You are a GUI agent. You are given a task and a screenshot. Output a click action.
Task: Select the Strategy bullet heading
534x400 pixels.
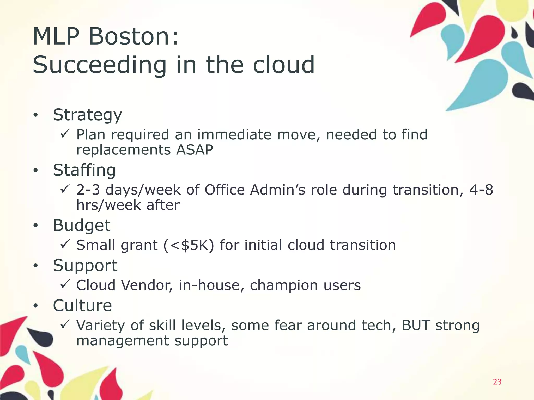click(x=87, y=115)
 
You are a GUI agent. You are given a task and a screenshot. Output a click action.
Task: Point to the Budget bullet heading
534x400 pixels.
click(x=82, y=225)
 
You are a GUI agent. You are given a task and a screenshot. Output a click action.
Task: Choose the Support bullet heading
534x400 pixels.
click(x=85, y=266)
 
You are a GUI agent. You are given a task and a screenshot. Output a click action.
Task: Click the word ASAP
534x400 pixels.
click(x=195, y=150)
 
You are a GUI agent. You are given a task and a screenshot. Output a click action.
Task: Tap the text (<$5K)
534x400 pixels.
click(x=189, y=245)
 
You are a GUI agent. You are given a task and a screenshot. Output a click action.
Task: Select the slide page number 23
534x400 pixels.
click(x=497, y=382)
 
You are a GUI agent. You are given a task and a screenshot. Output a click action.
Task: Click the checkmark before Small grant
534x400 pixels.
click(x=64, y=244)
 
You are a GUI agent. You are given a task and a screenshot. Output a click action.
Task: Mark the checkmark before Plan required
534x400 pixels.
click(x=64, y=134)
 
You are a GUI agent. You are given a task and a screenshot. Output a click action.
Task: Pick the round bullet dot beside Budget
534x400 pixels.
click(x=36, y=226)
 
